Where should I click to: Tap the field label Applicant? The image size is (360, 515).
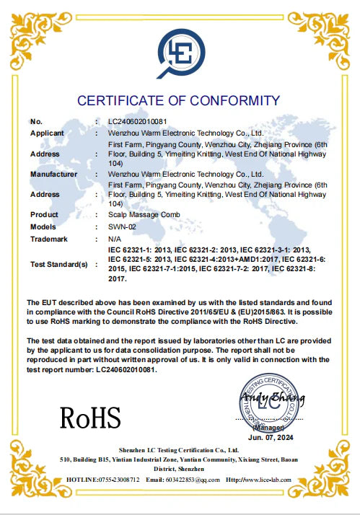[48, 133]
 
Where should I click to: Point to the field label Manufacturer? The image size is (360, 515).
[54, 174]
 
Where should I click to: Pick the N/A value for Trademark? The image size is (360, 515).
[114, 238]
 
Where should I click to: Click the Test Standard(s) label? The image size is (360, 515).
[58, 265]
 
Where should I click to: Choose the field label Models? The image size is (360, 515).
[44, 226]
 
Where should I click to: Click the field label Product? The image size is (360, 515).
[45, 215]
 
